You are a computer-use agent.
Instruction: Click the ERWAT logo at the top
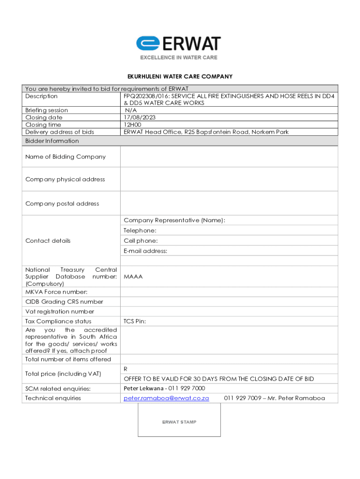[x=178, y=47]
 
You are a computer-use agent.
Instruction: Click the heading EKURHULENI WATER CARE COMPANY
[x=180, y=77]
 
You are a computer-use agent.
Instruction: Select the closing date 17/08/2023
[x=139, y=117]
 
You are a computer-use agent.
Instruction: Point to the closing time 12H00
[x=133, y=125]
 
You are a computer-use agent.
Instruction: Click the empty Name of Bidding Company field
[x=229, y=157]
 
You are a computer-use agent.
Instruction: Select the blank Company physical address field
[x=229, y=180]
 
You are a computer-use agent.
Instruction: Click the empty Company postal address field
[x=229, y=204]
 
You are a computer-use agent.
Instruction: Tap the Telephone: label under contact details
[x=140, y=231]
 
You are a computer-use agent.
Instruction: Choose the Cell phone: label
[x=141, y=241]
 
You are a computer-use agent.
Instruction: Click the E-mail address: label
[x=145, y=251]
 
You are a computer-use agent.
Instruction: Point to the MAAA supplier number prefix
[x=133, y=276]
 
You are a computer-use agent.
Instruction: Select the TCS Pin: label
[x=135, y=321]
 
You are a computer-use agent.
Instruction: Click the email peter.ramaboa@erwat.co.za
[x=166, y=398]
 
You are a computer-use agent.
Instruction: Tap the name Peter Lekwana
[x=144, y=388]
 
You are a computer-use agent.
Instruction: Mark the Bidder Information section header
[x=52, y=141]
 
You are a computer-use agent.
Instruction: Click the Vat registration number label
[x=60, y=312]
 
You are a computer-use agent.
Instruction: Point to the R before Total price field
[x=126, y=369]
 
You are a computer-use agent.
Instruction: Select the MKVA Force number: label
[x=56, y=292]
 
